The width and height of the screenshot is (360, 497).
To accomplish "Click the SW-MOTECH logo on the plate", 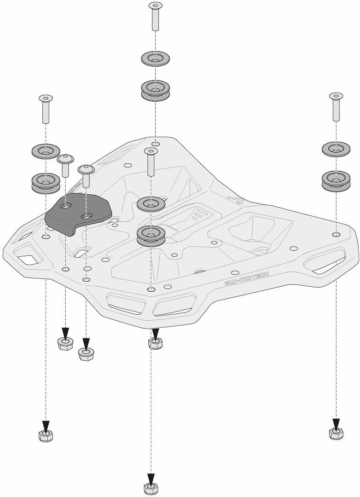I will click(x=247, y=278).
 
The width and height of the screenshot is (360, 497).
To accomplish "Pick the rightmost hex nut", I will click(x=336, y=433).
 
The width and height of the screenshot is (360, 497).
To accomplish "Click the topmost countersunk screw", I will click(x=156, y=16).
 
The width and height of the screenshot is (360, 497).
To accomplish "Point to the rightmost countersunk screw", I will click(x=336, y=106).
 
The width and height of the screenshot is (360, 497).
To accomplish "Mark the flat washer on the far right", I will click(x=336, y=149).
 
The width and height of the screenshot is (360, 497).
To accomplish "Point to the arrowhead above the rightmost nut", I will click(x=336, y=423).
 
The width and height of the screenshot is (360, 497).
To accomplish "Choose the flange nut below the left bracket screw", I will click(x=65, y=343).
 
